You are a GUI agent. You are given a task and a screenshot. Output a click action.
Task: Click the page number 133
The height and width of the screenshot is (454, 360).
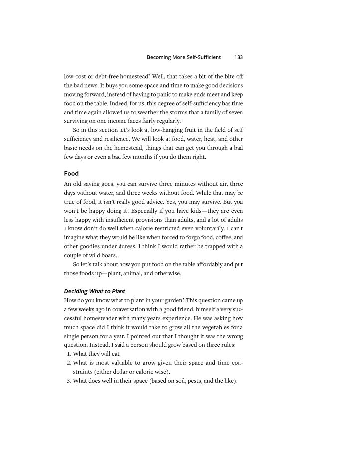238,57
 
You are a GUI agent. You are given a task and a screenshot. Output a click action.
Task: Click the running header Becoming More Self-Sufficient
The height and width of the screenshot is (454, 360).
183,57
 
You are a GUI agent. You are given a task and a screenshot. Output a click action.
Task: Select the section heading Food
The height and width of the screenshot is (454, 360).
71,174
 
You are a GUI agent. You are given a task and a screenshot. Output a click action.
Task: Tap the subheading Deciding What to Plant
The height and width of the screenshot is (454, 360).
95,291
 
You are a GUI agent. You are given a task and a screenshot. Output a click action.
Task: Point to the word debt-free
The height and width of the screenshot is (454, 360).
105,76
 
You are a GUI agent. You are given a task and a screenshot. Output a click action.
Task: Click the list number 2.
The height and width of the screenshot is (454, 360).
68,363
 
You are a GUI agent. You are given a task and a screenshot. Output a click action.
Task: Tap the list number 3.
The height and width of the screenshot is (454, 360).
68,381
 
